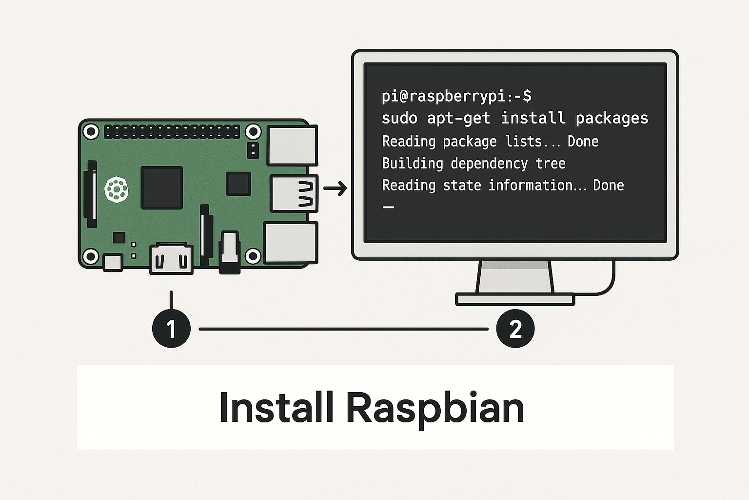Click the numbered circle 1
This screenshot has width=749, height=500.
click(171, 329)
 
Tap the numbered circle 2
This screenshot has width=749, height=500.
click(515, 329)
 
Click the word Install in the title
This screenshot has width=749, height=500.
click(276, 407)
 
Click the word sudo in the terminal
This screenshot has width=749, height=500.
click(399, 118)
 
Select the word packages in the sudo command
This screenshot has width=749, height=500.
click(612, 118)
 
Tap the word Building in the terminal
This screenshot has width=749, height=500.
click(413, 163)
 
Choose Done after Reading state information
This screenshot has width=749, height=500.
click(608, 185)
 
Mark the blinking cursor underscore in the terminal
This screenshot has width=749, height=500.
click(388, 208)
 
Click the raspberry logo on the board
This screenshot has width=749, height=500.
click(117, 189)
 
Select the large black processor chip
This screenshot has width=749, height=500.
click(161, 187)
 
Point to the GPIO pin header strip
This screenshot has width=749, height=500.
click(172, 131)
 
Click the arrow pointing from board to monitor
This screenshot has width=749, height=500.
click(335, 188)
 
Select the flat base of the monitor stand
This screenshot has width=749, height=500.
click(514, 299)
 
